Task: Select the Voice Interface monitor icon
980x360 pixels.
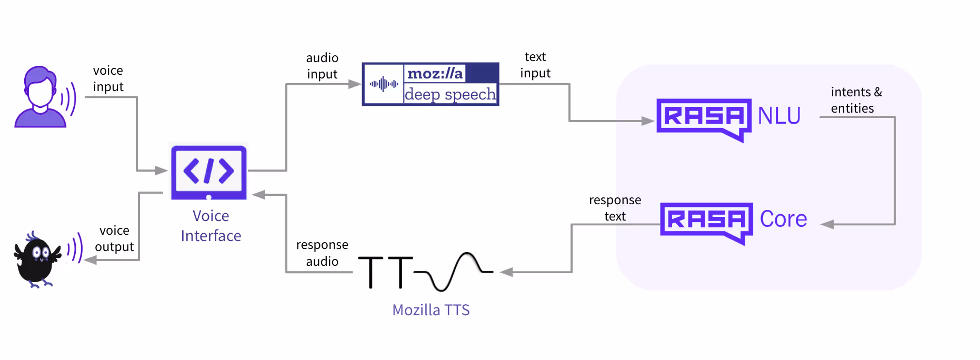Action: point(209,172)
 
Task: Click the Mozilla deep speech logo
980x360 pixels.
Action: point(431,84)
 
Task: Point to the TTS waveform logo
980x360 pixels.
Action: point(425,272)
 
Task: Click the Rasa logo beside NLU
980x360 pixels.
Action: point(704,118)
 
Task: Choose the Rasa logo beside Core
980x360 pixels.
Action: point(706,222)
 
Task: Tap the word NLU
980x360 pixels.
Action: point(779,116)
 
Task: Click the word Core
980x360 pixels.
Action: point(783,219)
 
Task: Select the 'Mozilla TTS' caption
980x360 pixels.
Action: point(431,310)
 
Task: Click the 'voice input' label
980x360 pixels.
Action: point(108,78)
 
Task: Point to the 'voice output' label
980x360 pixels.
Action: point(114,238)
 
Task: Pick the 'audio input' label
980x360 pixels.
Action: point(322,66)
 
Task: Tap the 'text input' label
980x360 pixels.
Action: point(535,65)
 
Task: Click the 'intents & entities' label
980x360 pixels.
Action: point(856,100)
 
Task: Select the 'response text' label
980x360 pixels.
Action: point(615,208)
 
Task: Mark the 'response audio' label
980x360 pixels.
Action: point(322,253)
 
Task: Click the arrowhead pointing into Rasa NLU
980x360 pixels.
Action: point(647,121)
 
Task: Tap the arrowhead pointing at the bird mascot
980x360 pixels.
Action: point(91,259)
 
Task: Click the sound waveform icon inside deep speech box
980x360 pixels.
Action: point(384,84)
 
